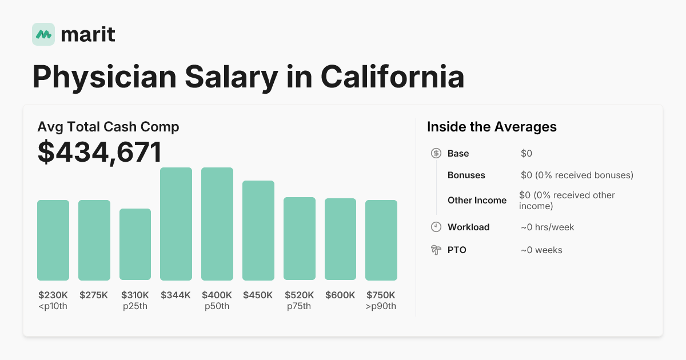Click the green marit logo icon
click(43, 34)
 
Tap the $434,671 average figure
click(99, 152)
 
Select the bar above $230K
click(53, 240)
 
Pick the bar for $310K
click(135, 245)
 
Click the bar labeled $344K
click(176, 224)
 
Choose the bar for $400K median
click(217, 224)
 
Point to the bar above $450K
click(258, 230)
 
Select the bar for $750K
click(381, 240)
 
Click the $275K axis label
click(94, 295)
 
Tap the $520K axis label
click(299, 295)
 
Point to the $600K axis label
click(340, 295)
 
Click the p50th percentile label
click(217, 306)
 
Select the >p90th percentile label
click(381, 306)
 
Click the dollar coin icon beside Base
click(436, 153)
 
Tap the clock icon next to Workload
click(436, 227)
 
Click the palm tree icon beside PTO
click(436, 250)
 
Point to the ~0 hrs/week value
click(547, 227)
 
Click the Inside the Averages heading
click(492, 127)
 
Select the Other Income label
click(477, 200)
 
